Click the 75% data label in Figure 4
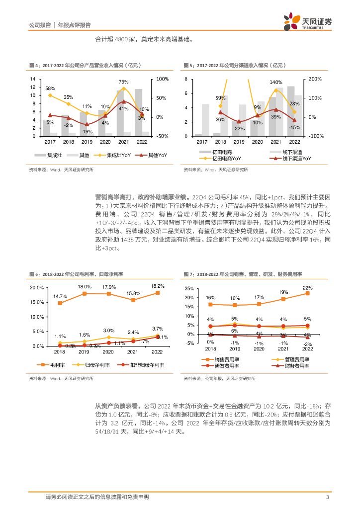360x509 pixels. [x=123, y=82]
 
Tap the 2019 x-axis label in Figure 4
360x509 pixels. [x=86, y=142]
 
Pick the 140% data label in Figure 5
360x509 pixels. [x=276, y=82]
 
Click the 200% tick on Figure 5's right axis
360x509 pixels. [x=316, y=80]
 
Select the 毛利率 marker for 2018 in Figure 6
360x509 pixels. [x=60, y=303]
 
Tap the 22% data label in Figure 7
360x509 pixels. [x=308, y=288]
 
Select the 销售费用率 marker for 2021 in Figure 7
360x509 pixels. [x=283, y=299]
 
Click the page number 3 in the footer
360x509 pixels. [x=327, y=497]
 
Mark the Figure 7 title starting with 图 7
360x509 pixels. [x=243, y=274]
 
